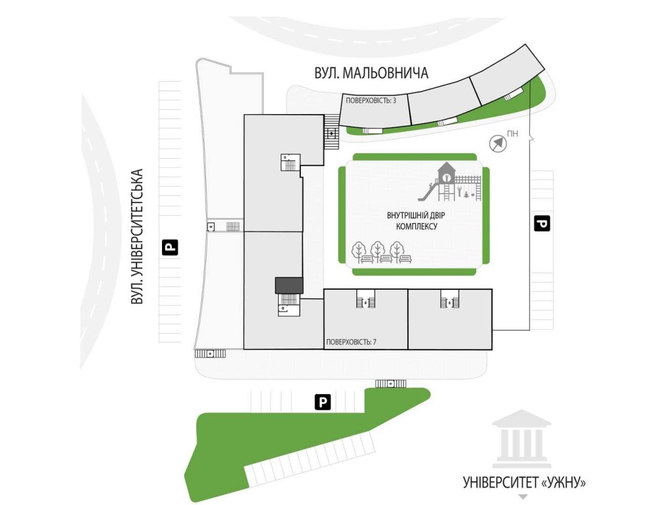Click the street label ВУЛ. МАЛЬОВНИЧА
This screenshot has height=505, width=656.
click(371, 73)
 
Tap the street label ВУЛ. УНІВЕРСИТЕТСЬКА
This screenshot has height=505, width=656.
click(138, 237)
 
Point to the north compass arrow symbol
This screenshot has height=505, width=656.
click(498, 143)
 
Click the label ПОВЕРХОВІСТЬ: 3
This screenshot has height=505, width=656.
click(371, 100)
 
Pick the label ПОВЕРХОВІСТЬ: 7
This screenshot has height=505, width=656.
click(351, 342)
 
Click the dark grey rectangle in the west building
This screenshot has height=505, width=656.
click(289, 285)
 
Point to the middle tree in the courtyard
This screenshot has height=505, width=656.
click(378, 252)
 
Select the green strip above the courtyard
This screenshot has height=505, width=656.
click(413, 156)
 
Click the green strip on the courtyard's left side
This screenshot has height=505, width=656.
click(342, 214)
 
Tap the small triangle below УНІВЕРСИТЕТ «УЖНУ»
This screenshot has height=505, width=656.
click(523, 496)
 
